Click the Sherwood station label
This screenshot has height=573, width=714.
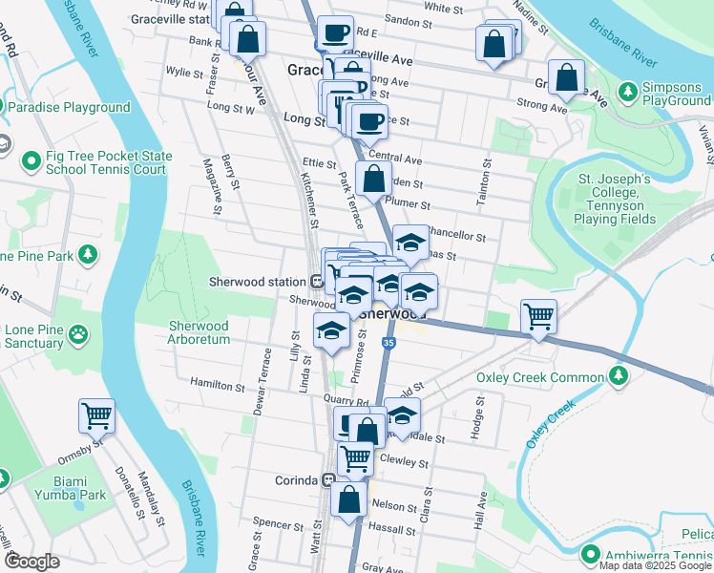coord(257,282)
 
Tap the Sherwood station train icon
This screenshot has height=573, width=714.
coord(316,282)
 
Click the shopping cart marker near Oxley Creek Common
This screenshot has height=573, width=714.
coord(538,315)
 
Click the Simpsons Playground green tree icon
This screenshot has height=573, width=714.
coord(628,92)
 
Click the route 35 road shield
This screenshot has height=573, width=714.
coord(388,342)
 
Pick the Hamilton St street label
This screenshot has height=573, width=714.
coord(217,386)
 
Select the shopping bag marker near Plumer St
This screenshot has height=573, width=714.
coord(373,177)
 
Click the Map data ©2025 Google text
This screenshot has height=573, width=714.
coord(655,565)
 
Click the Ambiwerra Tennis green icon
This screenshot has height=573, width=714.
coord(591,554)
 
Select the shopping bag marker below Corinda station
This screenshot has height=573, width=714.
coord(349,497)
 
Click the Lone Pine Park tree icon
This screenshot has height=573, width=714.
coord(88,255)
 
